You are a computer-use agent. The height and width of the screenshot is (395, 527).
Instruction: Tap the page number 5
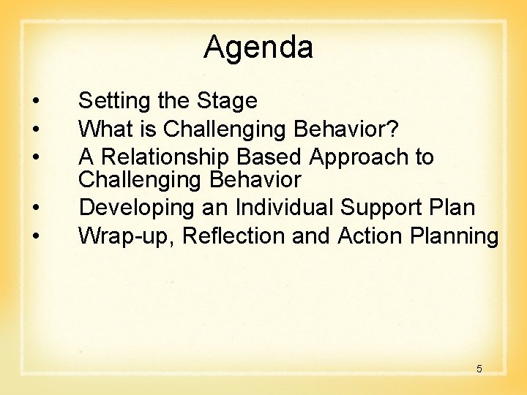point(479,369)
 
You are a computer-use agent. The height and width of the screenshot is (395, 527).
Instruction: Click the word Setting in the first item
point(111,102)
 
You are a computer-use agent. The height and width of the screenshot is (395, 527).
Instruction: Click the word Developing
point(137,208)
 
